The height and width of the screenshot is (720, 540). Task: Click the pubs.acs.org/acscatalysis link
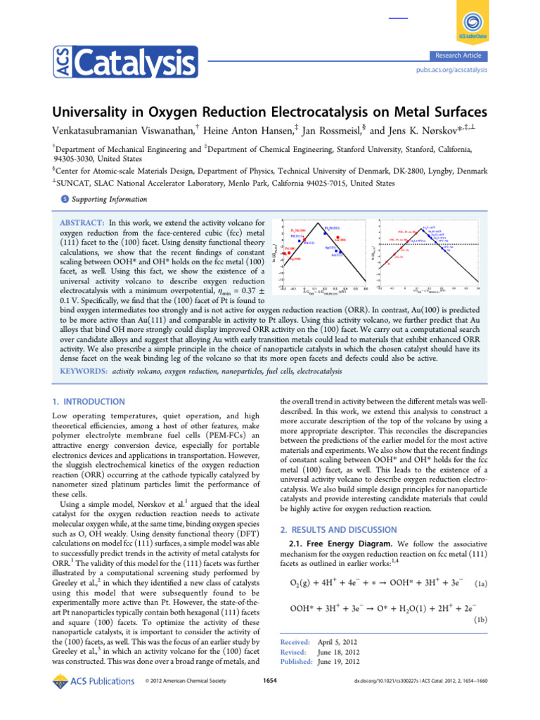tap(452, 70)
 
